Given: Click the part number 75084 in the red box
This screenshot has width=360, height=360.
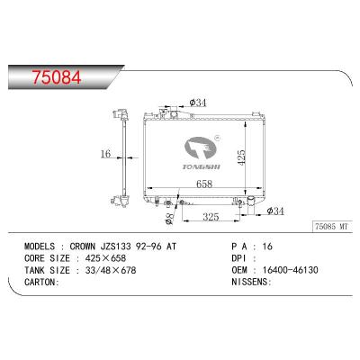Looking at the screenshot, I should point(41,76).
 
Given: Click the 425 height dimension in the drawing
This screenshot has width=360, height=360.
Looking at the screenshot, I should point(241,156).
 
